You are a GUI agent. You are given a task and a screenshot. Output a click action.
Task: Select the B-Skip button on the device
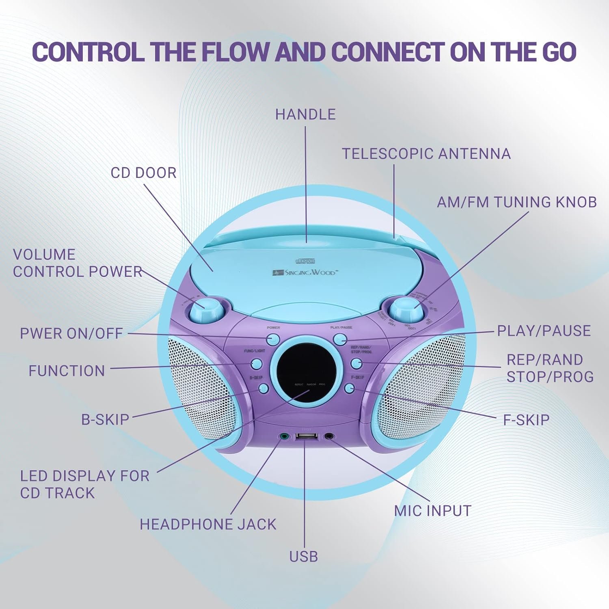(x=263, y=389)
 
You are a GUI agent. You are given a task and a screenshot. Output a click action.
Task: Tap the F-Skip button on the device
(x=349, y=389)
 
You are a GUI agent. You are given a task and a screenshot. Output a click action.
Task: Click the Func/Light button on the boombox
(x=257, y=363)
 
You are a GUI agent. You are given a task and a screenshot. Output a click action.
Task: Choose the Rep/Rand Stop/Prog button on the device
(x=356, y=363)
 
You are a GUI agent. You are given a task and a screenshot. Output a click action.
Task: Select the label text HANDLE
(x=305, y=114)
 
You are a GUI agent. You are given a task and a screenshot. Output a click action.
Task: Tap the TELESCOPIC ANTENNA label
(x=426, y=154)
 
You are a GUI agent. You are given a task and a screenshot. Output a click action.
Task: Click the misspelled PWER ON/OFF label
(x=71, y=334)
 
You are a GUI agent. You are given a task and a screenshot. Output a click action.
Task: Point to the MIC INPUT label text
(x=432, y=511)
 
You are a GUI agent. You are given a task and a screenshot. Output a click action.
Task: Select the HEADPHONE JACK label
(x=208, y=525)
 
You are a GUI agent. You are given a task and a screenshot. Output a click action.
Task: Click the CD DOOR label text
(x=143, y=173)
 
